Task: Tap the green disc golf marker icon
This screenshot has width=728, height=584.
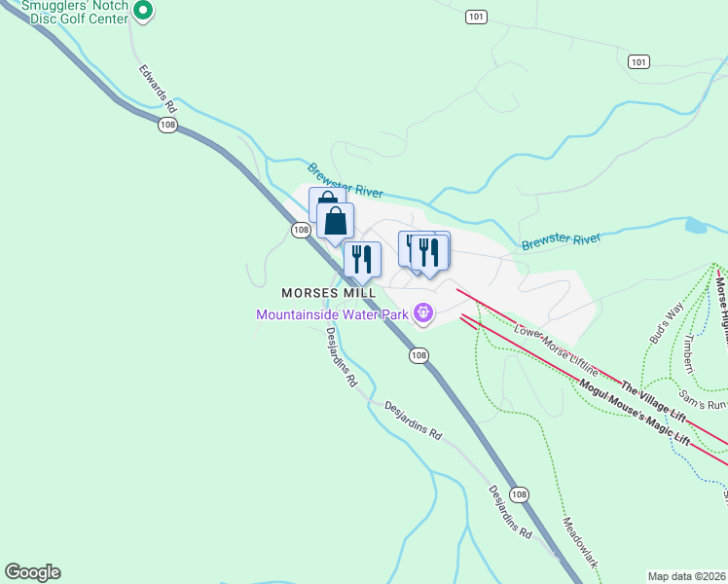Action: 142,12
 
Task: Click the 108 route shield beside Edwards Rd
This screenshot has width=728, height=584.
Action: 168,126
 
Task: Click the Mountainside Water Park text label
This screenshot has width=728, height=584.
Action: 332,314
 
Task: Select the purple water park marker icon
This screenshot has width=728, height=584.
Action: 423,313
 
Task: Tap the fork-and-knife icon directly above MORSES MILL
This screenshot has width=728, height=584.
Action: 362,259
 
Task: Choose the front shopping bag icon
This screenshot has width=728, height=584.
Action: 335,220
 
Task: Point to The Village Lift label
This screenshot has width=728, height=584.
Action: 654,401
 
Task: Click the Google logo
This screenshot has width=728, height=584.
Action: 32,572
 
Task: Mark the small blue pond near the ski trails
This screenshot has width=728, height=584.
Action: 696,226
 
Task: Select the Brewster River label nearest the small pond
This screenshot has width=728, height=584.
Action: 561,241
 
